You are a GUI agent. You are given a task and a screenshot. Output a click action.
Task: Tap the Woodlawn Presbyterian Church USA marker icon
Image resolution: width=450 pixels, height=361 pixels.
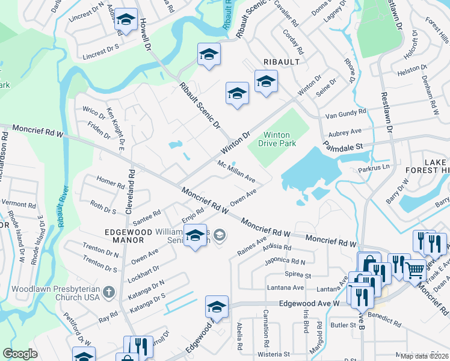108,292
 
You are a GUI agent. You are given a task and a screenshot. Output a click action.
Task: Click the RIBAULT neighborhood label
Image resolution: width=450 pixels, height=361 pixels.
280,63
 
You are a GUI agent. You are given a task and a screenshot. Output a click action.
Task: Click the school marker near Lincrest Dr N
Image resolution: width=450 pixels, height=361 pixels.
126,19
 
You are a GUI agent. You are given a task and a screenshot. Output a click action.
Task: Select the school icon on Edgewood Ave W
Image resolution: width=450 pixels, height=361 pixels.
217,306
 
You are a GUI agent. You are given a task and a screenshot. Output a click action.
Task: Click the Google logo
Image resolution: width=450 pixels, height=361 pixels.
20,354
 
